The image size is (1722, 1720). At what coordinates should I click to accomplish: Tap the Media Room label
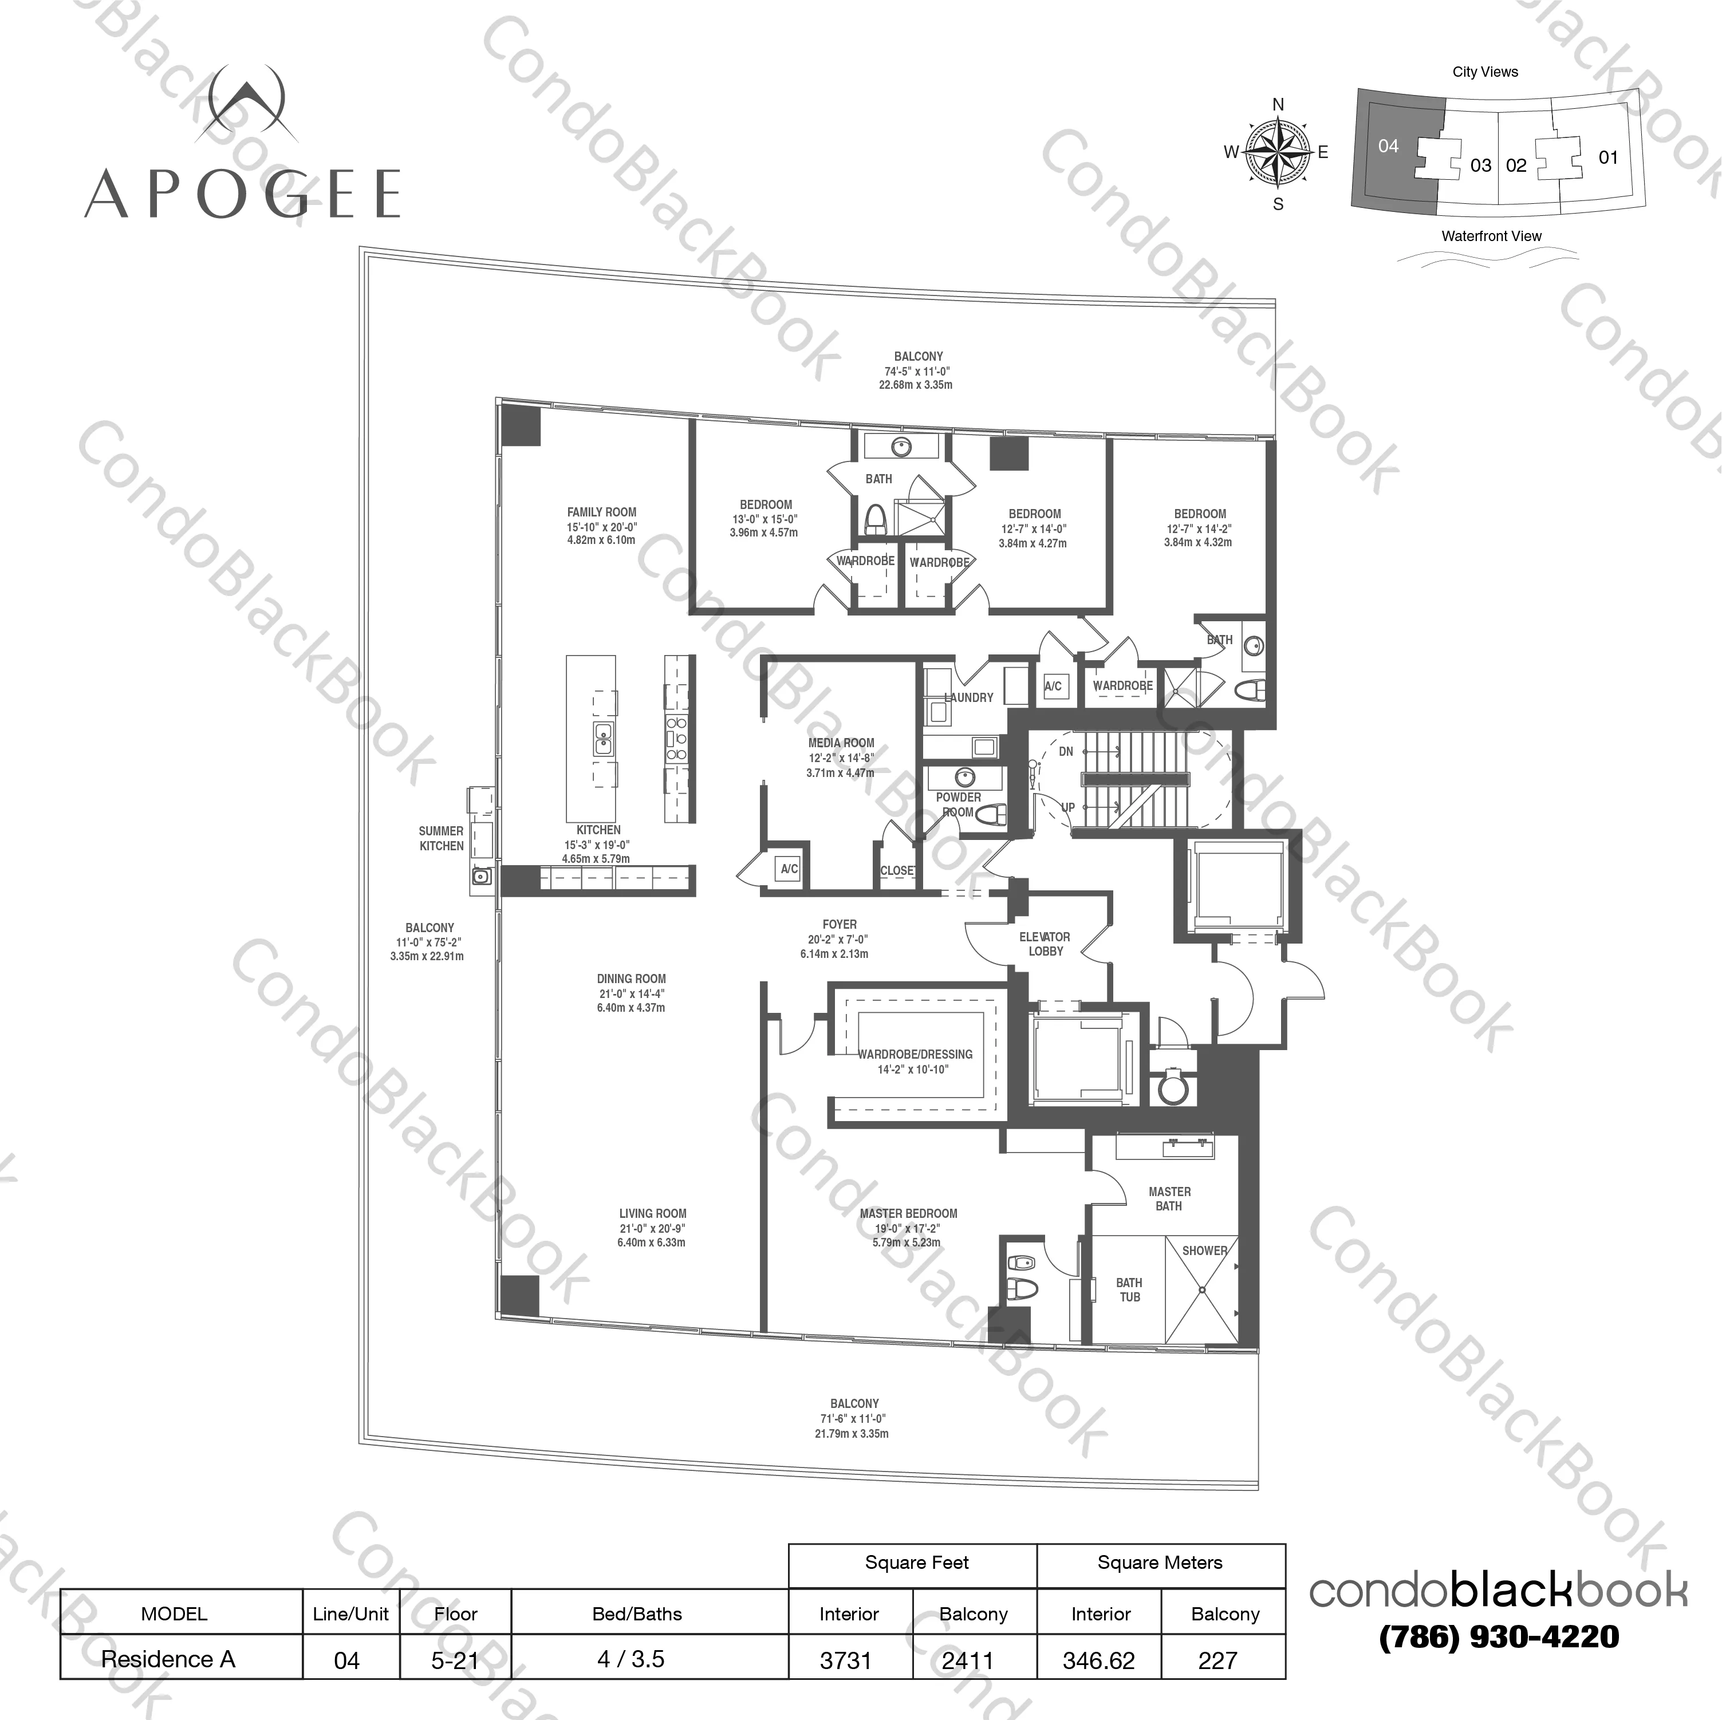tap(841, 743)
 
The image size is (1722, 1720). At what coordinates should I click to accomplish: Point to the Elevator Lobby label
tap(1045, 944)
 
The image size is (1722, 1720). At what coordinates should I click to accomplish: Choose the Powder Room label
tap(958, 804)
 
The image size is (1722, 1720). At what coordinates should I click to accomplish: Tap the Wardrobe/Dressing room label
tap(915, 1054)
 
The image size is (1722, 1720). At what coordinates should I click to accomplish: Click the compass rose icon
tap(1277, 153)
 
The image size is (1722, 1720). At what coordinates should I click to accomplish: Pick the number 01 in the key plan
tap(1608, 157)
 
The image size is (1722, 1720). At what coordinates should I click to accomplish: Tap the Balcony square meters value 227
tap(1217, 1660)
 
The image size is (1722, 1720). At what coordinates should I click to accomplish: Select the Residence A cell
tap(168, 1659)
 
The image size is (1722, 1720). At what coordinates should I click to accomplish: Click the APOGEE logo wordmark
tap(242, 194)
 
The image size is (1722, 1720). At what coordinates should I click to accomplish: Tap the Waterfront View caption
tap(1491, 236)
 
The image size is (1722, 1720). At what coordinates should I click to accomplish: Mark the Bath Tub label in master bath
tap(1129, 1289)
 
